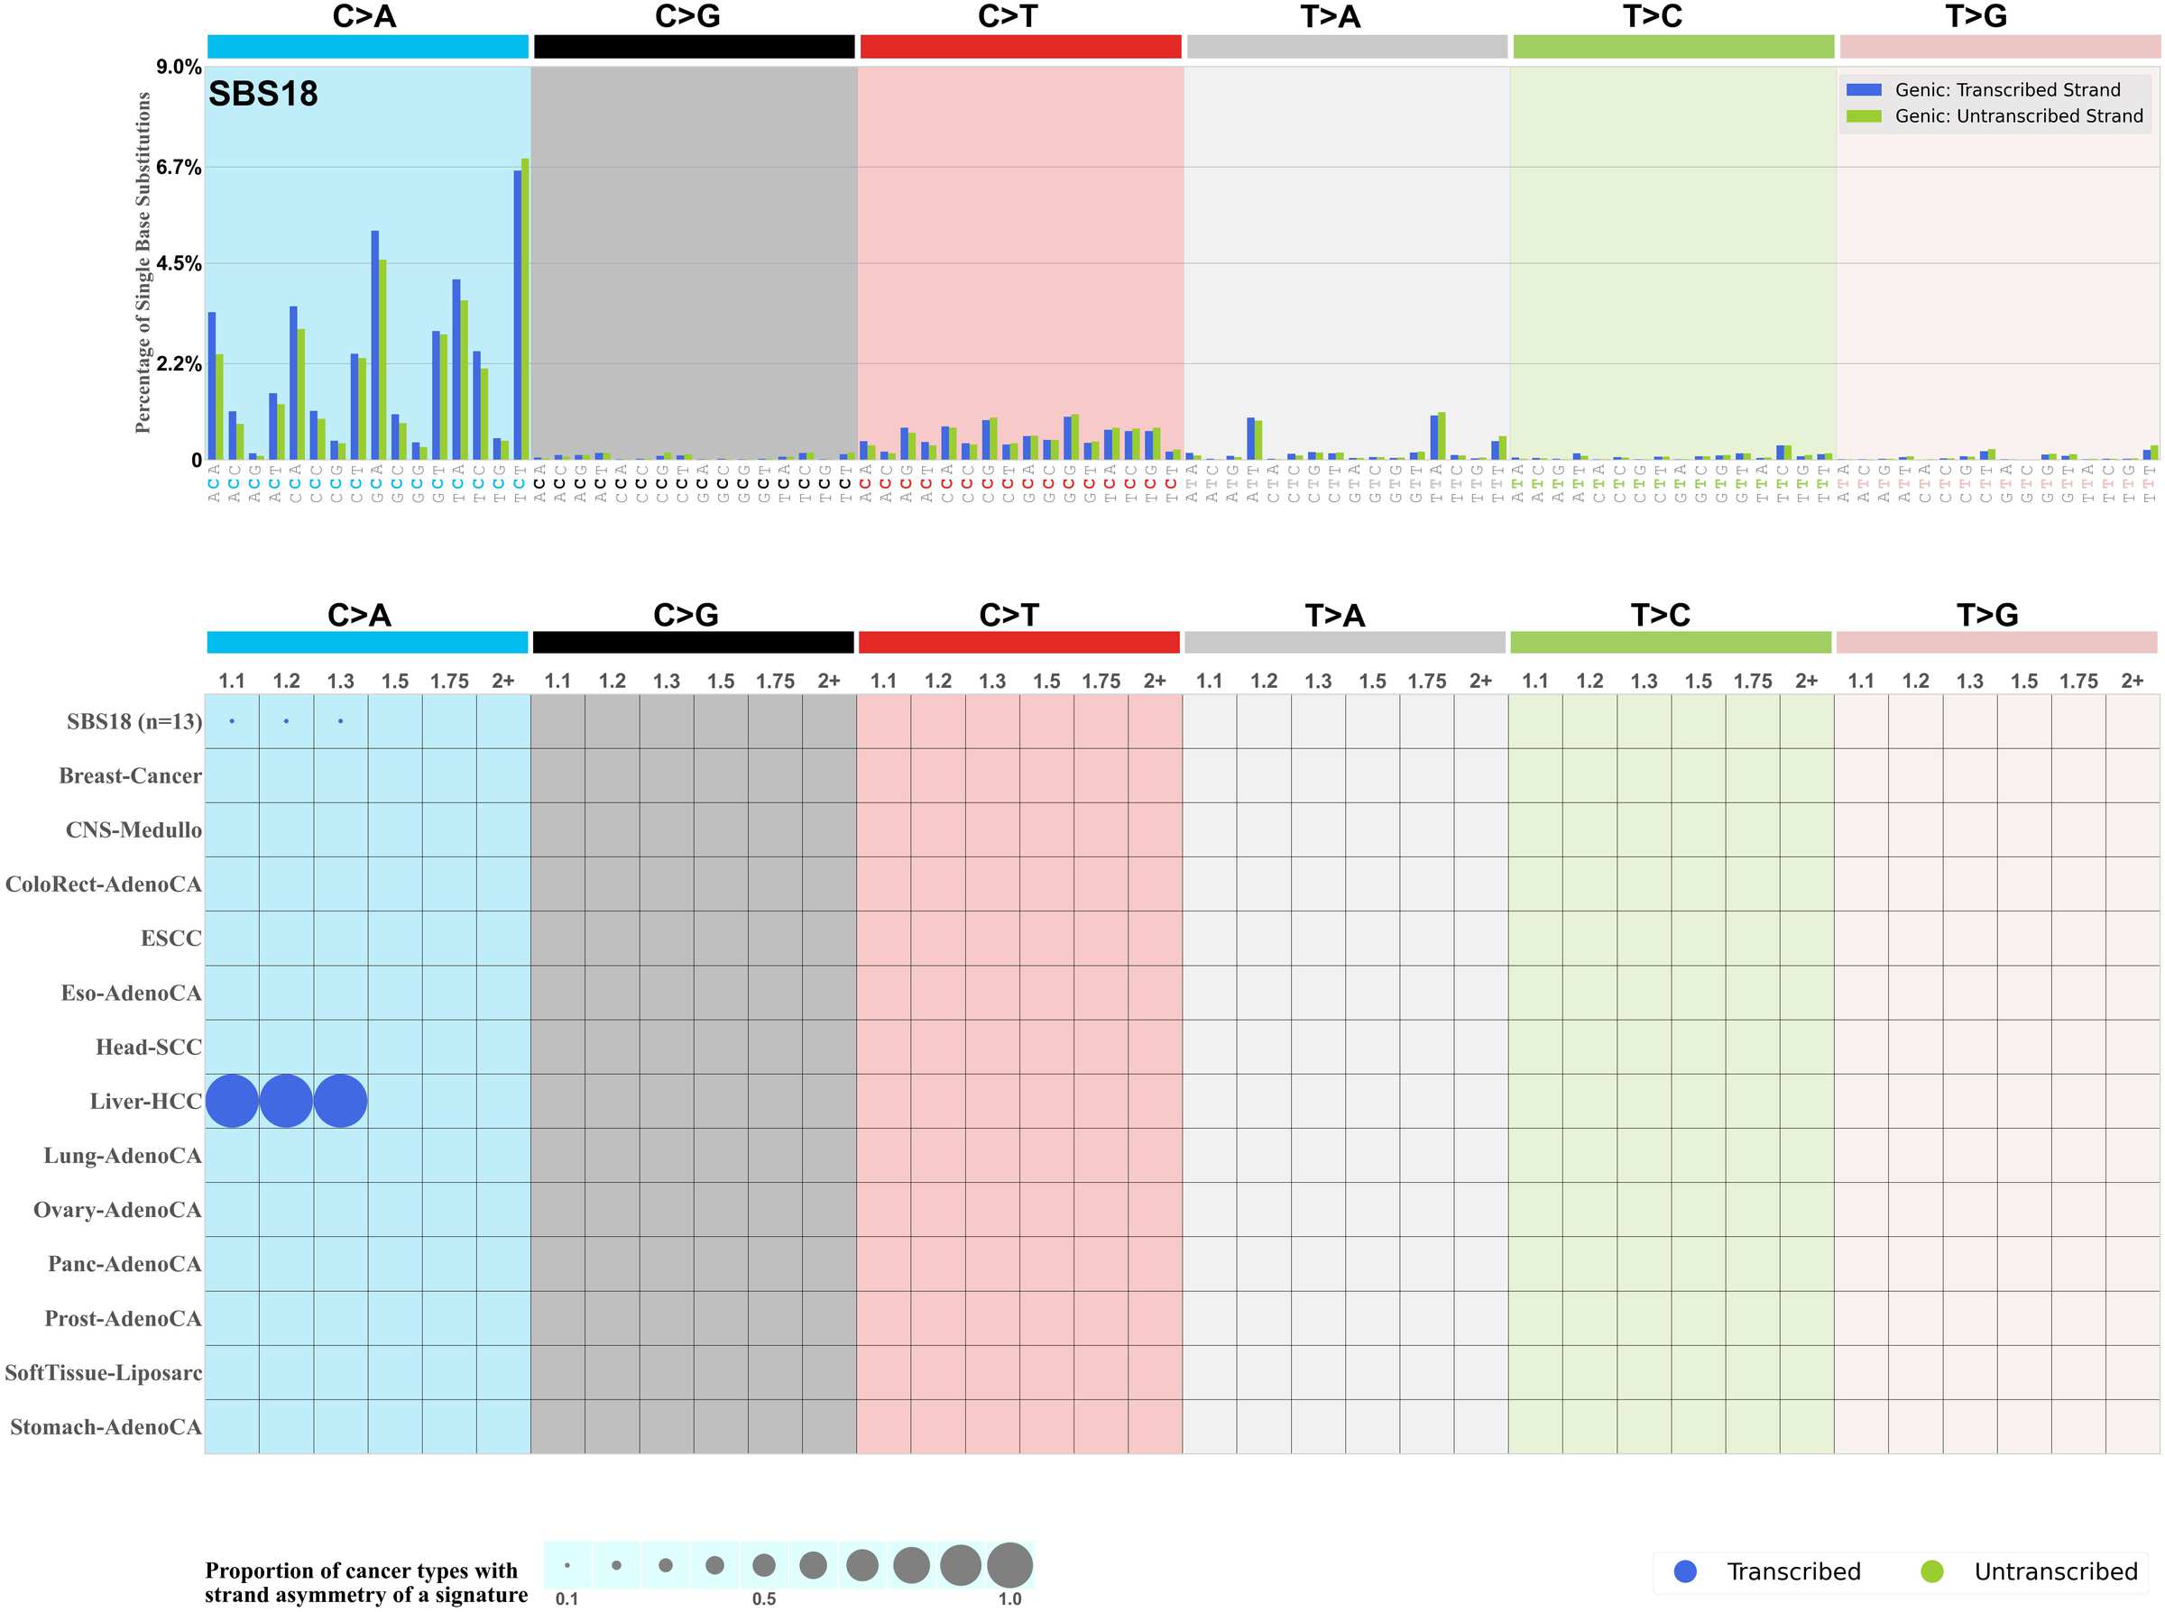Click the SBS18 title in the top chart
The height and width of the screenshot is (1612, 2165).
coord(263,94)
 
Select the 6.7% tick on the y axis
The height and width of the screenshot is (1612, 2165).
coord(179,167)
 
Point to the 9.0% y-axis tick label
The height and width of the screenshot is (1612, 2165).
coord(179,67)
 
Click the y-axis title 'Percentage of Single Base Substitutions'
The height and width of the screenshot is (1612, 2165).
coord(143,262)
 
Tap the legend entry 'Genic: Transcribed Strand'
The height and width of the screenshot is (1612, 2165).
coord(2006,90)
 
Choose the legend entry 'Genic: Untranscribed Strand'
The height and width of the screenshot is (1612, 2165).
coord(2018,116)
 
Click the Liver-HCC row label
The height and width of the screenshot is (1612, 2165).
coord(145,1101)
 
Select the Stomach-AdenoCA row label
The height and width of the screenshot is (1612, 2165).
coord(106,1426)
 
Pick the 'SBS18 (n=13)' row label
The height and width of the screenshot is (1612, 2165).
coord(134,721)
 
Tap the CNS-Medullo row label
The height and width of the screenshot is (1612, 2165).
coord(134,829)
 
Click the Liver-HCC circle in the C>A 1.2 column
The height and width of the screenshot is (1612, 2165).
coord(286,1101)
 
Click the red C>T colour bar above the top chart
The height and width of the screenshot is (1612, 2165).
coord(1020,46)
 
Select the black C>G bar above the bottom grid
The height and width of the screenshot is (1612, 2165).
coord(693,642)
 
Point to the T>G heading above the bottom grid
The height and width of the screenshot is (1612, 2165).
coord(1986,615)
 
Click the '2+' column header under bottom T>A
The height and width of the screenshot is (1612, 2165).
coord(1479,680)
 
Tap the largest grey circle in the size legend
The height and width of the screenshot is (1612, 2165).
coord(1009,1565)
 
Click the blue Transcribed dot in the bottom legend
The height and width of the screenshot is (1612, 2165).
coord(1685,1571)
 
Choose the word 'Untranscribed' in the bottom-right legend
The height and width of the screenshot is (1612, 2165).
coord(2055,1571)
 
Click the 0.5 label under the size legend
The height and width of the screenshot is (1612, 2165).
coord(763,1598)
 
